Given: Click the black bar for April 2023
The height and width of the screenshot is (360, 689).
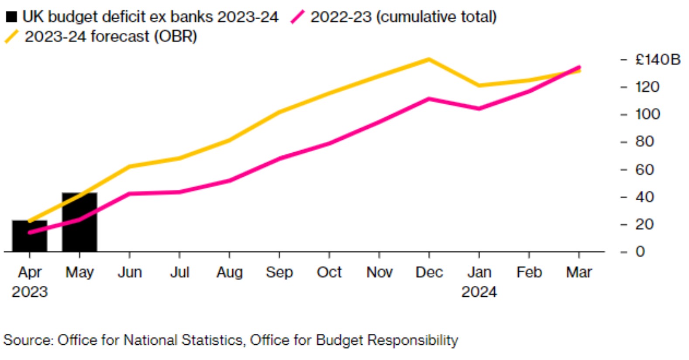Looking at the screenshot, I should tap(29, 237).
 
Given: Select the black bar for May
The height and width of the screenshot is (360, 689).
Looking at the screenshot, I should tap(79, 223).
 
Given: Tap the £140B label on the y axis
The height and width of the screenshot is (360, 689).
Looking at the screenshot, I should tap(658, 59).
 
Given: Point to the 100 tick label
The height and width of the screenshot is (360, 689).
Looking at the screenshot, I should tap(648, 114).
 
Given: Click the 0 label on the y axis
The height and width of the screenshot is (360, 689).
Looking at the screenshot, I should tap(640, 251).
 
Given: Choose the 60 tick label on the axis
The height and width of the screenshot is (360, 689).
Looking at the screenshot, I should tap(644, 169).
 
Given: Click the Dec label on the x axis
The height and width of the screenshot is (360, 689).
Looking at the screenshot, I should tap(429, 272).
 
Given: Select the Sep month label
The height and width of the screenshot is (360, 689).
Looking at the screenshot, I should tap(279, 272).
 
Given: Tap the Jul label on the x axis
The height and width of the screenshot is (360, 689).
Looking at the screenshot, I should tap(179, 272).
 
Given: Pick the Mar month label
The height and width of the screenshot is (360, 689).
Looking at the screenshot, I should tap(579, 272).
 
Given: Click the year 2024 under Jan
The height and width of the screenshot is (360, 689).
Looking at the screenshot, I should tap(479, 291).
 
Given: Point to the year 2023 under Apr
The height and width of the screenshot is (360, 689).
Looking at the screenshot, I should tap(29, 291).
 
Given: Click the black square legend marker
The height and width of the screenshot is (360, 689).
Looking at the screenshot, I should tap(11, 17).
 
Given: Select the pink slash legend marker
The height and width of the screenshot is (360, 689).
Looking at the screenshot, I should tap(297, 17).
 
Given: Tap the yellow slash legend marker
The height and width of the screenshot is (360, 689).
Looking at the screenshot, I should tap(11, 37).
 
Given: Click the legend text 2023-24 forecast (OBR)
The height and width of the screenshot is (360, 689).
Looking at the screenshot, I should tap(111, 37).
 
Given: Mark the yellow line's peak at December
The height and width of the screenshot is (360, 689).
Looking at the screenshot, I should tap(429, 59).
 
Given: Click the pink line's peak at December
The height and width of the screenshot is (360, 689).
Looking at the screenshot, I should tap(429, 99).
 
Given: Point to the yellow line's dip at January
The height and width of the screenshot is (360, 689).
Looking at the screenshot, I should tap(479, 86).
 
